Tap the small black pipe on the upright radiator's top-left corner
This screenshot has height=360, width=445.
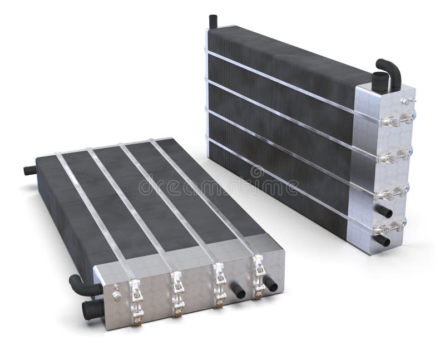coord(212,22)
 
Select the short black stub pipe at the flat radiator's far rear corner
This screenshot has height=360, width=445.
coord(28,169)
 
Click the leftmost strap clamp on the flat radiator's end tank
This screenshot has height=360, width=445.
coord(136,301)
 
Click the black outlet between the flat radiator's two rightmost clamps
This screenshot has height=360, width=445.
coord(238,290)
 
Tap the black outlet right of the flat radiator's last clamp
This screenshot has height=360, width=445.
coord(271,284)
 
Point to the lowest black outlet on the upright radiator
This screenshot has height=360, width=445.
coord(383,240)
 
